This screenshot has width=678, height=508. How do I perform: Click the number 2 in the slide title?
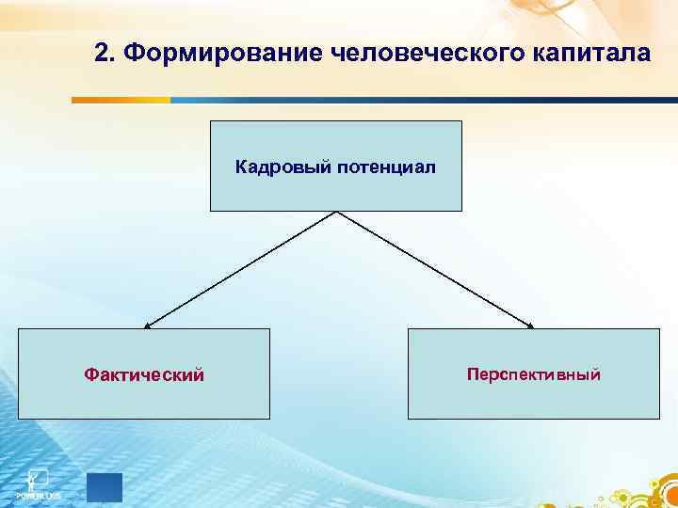pyautogui.click(x=103, y=53)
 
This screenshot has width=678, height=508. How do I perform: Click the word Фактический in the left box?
pyautogui.click(x=144, y=375)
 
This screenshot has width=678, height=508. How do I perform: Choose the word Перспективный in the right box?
pyautogui.click(x=533, y=374)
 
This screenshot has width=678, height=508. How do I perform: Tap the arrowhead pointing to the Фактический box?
pyautogui.click(x=146, y=326)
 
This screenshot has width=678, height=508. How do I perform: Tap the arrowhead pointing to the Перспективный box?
pyautogui.click(x=531, y=326)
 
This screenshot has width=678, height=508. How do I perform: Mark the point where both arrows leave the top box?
pyautogui.click(x=336, y=212)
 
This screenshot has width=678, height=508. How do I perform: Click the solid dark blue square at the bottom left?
pyautogui.click(x=104, y=488)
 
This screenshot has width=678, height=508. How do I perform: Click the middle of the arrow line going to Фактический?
pyautogui.click(x=240, y=270)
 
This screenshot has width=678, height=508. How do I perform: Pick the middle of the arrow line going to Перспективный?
pyautogui.click(x=434, y=270)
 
